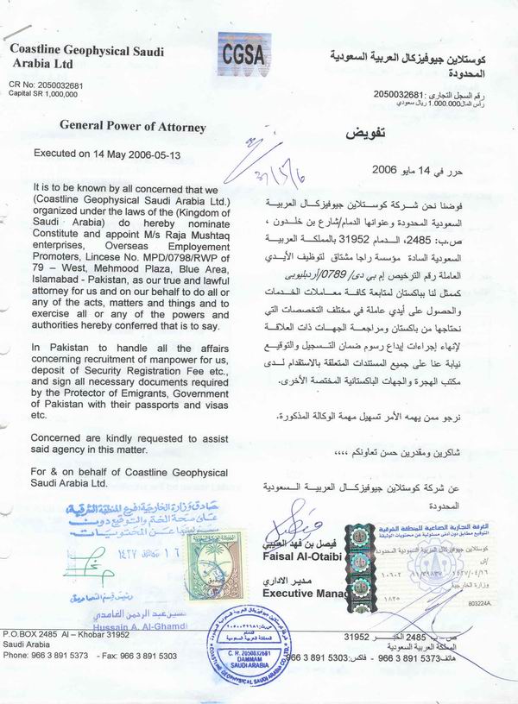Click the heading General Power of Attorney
[x=132, y=127]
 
